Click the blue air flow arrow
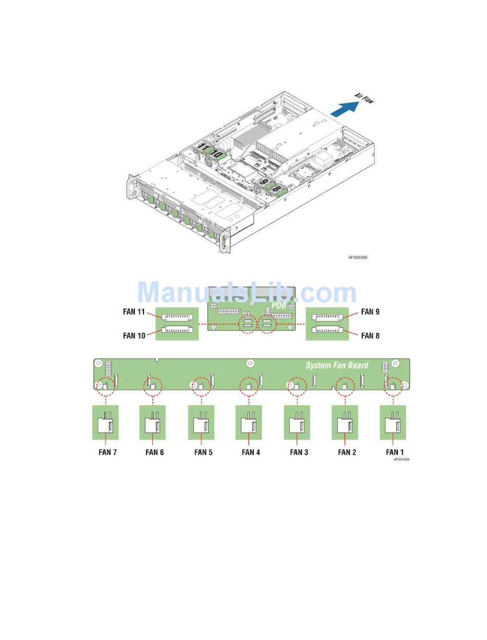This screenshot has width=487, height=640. click(x=345, y=109)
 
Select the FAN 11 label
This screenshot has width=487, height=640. click(x=134, y=312)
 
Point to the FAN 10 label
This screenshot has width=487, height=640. click(x=134, y=335)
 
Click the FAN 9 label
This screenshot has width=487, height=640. click(x=370, y=312)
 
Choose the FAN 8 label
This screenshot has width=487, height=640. click(x=370, y=335)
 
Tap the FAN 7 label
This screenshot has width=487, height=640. click(x=108, y=452)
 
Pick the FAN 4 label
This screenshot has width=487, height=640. click(x=251, y=452)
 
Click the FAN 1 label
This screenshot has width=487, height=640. click(x=395, y=452)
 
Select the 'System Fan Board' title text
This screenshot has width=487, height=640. click(x=337, y=365)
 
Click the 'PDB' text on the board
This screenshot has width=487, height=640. click(x=279, y=305)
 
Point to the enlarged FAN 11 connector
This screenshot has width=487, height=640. click(x=177, y=317)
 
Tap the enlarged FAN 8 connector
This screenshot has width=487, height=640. click(x=327, y=329)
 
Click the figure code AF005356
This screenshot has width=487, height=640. click(x=358, y=257)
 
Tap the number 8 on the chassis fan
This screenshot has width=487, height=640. click(x=275, y=188)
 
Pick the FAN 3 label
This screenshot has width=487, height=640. click(x=299, y=452)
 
